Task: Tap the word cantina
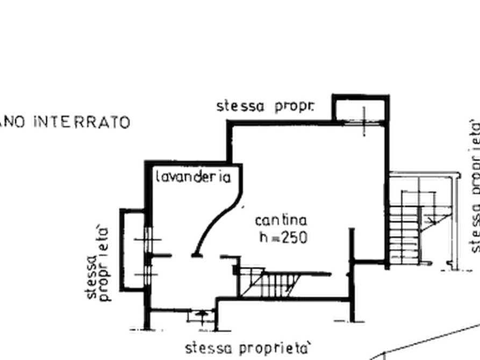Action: pos(281,221)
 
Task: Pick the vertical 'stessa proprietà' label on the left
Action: pos(97,263)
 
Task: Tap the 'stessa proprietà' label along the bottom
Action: pos(249,349)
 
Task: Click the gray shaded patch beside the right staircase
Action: pos(456,236)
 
